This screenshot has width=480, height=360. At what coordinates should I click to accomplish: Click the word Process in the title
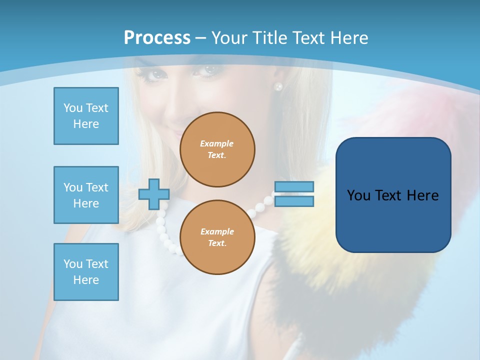point(157,38)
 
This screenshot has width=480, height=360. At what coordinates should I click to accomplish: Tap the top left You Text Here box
point(86,116)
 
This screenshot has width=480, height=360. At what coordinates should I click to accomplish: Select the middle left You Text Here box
point(86,195)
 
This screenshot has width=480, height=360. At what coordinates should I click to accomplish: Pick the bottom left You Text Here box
point(86,272)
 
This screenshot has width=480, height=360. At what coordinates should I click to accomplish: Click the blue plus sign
point(154,194)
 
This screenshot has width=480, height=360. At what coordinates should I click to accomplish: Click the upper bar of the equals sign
point(294,186)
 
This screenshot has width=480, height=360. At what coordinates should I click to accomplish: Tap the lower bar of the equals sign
point(294,201)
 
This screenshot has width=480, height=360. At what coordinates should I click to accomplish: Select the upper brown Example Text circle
point(217,149)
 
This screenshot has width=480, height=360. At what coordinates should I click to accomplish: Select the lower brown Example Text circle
point(217,237)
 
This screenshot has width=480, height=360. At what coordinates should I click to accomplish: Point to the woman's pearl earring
point(278,87)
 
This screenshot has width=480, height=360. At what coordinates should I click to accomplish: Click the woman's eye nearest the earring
point(209,70)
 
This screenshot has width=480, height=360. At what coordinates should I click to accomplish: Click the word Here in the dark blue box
point(422,195)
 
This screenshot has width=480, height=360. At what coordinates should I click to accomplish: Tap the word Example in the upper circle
point(217,143)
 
